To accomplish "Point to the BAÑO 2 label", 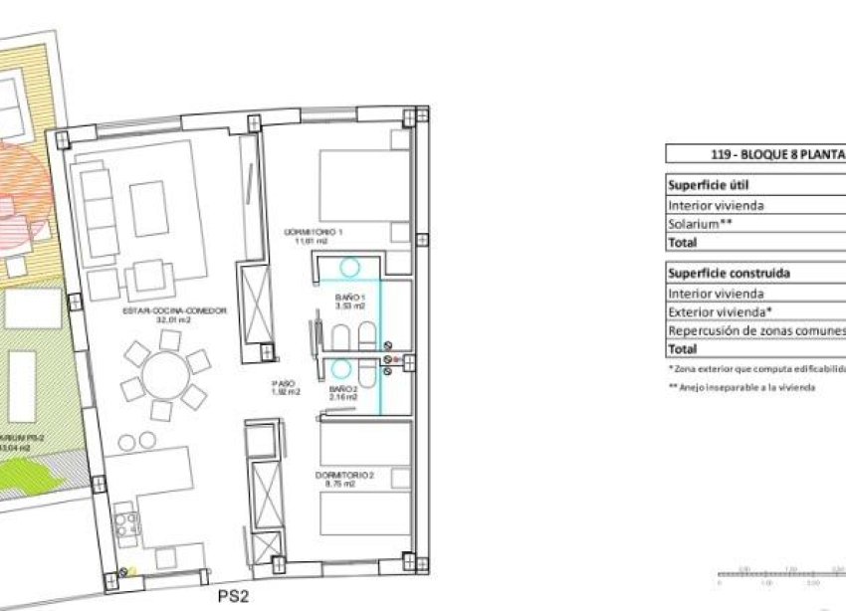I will [342, 392].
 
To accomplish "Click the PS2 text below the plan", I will [232, 598].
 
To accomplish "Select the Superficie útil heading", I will [709, 185].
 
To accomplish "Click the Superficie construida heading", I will [730, 274].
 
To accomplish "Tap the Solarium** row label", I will [701, 224].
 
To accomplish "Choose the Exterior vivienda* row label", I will [721, 312].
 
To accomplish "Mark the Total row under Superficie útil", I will [683, 242].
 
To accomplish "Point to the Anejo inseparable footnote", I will [741, 387].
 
